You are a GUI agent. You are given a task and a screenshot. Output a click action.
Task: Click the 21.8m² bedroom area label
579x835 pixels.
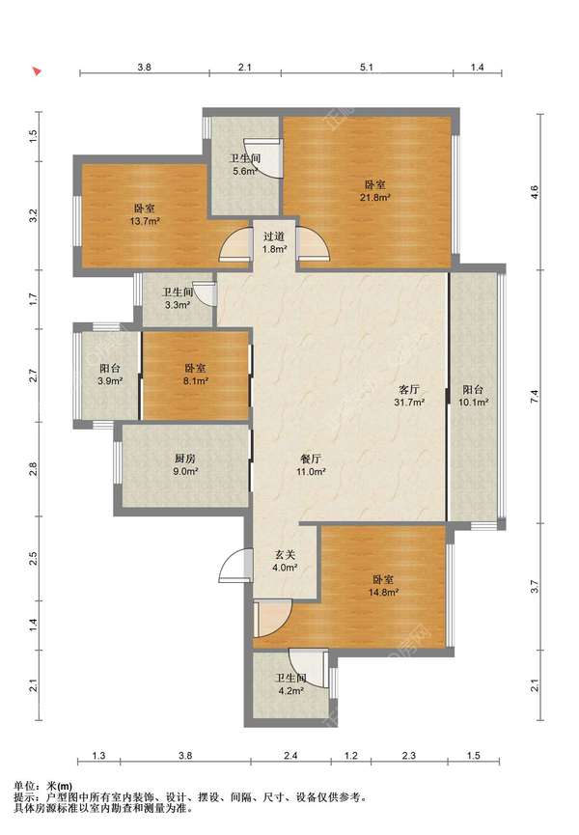point(376,198)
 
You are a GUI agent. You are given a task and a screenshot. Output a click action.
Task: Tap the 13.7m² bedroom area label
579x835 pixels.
point(146,221)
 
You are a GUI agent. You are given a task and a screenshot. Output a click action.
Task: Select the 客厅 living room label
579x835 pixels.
point(408,389)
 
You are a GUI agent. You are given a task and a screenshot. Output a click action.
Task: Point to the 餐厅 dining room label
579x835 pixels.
point(311,459)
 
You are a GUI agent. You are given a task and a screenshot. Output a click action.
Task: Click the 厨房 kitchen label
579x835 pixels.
point(184,458)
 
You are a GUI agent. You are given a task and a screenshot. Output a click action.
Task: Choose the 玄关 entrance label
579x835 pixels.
point(284,554)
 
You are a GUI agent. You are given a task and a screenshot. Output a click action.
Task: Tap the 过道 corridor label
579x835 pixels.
point(274,236)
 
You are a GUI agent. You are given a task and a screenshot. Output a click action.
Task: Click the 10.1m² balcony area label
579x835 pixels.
point(473,403)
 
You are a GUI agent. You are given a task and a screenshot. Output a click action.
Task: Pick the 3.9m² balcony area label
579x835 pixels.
point(110,381)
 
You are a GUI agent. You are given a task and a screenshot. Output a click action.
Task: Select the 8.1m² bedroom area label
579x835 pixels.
point(195,381)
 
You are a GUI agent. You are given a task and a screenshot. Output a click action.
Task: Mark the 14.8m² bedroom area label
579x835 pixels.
point(384,592)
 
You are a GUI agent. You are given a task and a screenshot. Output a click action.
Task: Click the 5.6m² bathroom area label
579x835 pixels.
point(245,172)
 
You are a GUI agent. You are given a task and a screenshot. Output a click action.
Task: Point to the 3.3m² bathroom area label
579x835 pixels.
point(178,305)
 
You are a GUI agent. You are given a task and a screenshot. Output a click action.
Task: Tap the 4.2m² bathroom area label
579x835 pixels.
point(290,691)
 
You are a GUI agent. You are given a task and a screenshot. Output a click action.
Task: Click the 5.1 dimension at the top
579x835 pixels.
point(367,68)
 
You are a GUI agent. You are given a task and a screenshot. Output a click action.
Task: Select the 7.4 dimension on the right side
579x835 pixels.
point(535,396)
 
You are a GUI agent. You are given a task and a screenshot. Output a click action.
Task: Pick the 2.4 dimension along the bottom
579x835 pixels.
point(290,755)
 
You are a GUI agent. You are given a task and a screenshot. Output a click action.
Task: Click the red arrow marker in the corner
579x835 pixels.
point(37,70)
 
